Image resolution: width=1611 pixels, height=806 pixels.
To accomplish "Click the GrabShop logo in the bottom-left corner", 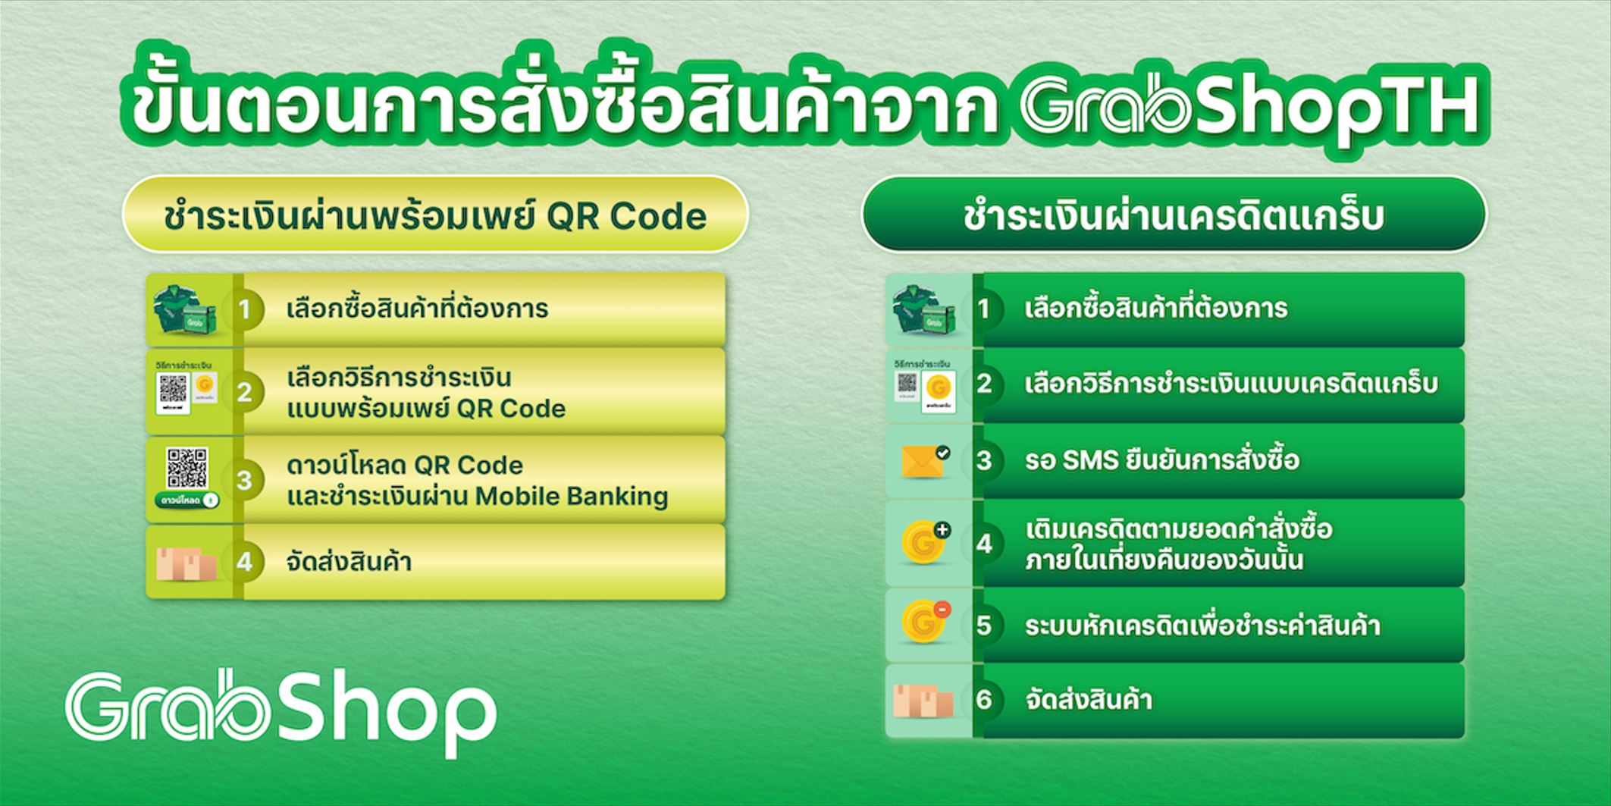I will pos(281,714).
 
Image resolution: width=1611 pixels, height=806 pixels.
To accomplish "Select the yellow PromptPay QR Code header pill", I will pos(435,215).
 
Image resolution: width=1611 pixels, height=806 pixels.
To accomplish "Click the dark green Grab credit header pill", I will pos(1174,215).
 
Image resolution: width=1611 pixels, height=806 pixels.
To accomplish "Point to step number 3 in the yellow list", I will pos(244,480).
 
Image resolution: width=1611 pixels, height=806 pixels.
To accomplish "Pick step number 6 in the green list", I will pos(984,699).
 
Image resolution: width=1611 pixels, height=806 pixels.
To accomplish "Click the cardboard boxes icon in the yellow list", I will pos(186,563).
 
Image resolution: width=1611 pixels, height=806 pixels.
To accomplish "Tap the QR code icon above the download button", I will pos(186,467).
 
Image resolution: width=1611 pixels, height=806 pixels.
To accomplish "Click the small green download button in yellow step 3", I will pos(186,500).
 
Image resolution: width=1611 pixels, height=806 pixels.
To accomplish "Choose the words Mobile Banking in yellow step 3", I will pos(572,497).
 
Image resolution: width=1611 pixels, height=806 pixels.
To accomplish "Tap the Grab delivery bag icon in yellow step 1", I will pos(185,309).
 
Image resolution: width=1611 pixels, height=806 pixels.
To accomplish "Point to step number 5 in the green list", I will pos(984,625).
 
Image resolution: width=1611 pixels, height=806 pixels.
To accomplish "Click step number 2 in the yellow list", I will pos(244,392).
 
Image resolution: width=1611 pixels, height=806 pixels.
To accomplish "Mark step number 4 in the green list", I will pos(984,544).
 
